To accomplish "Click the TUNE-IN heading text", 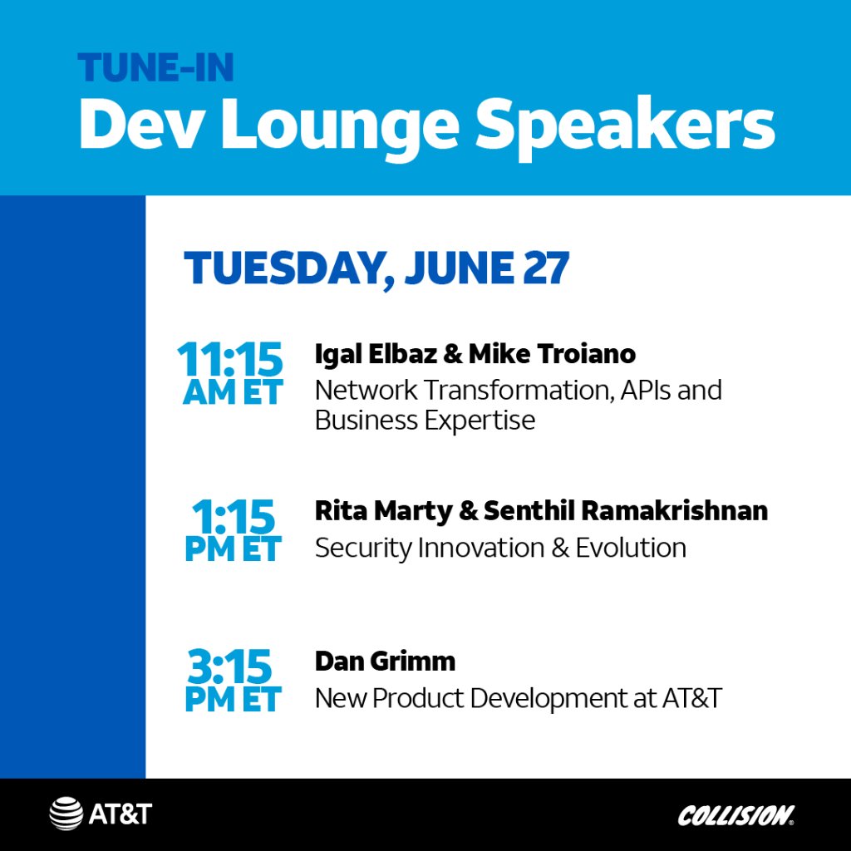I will pyautogui.click(x=156, y=68).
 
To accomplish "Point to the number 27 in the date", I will pyautogui.click(x=546, y=268).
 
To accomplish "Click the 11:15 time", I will pyautogui.click(x=230, y=360).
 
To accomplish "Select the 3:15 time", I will pyautogui.click(x=231, y=667).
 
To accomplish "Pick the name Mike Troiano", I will pyautogui.click(x=552, y=354).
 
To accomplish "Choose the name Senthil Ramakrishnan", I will pyautogui.click(x=624, y=511).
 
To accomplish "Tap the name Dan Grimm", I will pyautogui.click(x=385, y=662).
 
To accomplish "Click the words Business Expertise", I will pyautogui.click(x=424, y=420).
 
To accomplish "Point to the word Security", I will pyautogui.click(x=362, y=548).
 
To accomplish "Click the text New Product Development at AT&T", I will pyautogui.click(x=518, y=698).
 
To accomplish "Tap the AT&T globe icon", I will pyautogui.click(x=66, y=814).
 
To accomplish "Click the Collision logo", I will pyautogui.click(x=735, y=815).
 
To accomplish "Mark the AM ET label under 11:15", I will pyautogui.click(x=233, y=392).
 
